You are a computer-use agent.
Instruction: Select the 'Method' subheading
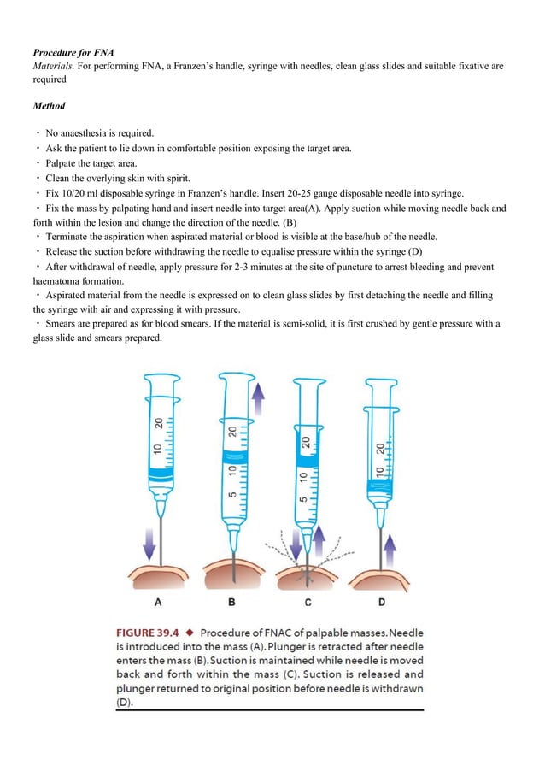point(50,107)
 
